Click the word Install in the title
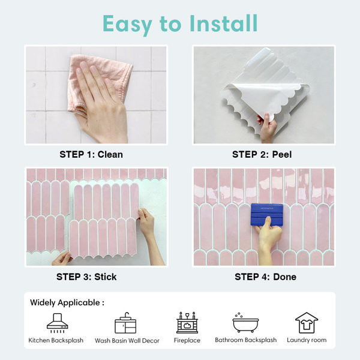[223, 23]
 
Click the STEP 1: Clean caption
[91, 154]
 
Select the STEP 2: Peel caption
[262, 154]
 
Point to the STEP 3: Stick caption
[86, 277]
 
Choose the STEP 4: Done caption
[265, 277]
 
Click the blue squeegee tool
[267, 215]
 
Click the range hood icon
[57, 323]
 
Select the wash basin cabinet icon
[125, 323]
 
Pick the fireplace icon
[187, 322]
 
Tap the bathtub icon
[245, 323]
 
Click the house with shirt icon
[307, 323]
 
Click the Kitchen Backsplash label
[56, 340]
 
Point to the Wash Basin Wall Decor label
[127, 340]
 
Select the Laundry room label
[307, 340]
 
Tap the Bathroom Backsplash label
[245, 340]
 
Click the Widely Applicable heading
[67, 302]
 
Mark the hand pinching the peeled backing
[268, 128]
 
